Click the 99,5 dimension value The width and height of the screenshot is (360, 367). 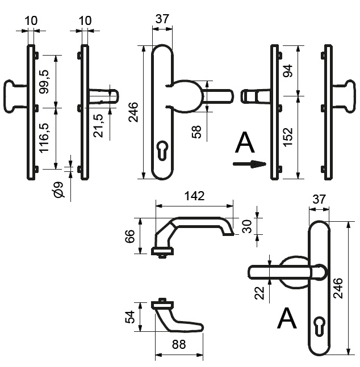click(x=44, y=82)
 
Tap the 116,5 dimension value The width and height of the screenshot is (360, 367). click(x=44, y=138)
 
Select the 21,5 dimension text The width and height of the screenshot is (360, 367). click(x=98, y=126)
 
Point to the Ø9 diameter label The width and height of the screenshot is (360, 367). click(x=59, y=189)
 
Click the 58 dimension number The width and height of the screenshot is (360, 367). click(x=196, y=132)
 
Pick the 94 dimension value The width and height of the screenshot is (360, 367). click(x=288, y=71)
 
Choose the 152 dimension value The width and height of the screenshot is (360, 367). click(x=288, y=137)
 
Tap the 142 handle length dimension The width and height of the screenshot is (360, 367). click(x=195, y=196)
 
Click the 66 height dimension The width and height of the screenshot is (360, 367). click(x=129, y=236)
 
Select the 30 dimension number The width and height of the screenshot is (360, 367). click(x=247, y=226)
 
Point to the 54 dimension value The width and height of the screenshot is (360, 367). click(x=129, y=317)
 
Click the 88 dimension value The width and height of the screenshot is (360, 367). click(x=179, y=344)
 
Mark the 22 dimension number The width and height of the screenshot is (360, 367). click(x=259, y=293)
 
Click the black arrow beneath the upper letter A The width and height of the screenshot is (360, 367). click(x=250, y=164)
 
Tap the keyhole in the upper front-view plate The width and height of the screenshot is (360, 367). click(x=162, y=150)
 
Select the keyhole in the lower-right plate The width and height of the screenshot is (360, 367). click(x=319, y=327)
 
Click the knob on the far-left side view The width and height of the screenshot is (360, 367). click(x=14, y=96)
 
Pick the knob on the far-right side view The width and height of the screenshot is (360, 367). click(x=344, y=96)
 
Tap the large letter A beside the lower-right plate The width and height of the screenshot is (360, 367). click(x=287, y=318)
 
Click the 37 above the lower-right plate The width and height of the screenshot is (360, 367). click(x=319, y=199)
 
